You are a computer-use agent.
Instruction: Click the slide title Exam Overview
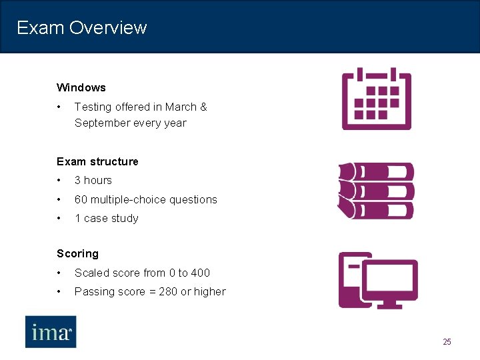81,27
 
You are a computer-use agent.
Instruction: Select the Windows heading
81,87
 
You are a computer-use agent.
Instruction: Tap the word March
181,107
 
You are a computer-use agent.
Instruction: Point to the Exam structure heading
97,161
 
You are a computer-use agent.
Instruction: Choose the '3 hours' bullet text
93,180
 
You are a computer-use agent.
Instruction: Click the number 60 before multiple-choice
81,199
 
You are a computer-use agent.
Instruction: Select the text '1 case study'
106,218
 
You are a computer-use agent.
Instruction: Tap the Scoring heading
77,253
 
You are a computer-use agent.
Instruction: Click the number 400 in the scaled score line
200,273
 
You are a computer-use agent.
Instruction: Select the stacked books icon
376,191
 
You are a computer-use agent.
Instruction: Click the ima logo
51,331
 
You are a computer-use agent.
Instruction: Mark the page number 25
447,342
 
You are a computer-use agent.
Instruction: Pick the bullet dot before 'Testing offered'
59,107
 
